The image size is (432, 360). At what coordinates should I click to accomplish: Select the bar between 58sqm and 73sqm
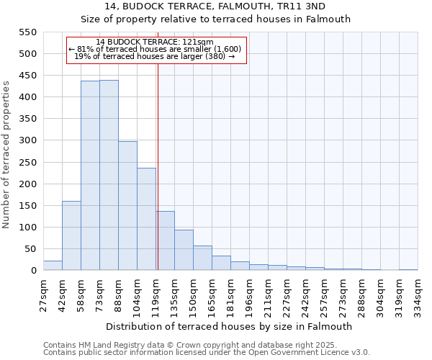[90, 176]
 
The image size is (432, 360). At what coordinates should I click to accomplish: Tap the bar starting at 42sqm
[71, 235]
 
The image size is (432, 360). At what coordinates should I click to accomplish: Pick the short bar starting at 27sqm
[53, 266]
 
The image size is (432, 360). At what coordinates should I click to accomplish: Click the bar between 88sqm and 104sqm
[127, 206]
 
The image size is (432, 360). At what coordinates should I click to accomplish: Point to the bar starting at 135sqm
[184, 250]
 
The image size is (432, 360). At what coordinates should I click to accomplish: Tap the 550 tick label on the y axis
[27, 32]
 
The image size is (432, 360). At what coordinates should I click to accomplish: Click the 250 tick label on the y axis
[27, 163]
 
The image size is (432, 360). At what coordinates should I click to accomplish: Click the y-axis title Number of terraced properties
[6, 155]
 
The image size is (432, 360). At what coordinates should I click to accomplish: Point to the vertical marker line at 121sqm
[158, 166]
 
